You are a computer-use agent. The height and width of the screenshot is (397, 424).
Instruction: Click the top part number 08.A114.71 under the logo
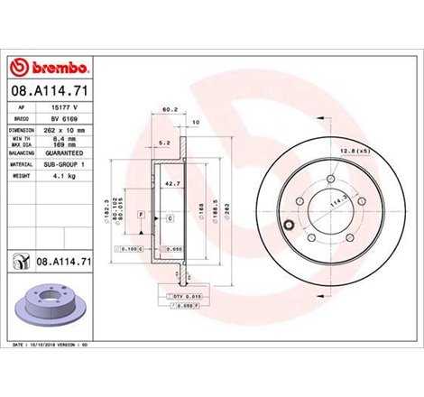tap(46, 91)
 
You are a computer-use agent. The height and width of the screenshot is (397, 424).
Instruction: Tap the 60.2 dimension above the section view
tap(166, 111)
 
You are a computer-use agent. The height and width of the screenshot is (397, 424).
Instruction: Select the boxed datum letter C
tap(170, 219)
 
